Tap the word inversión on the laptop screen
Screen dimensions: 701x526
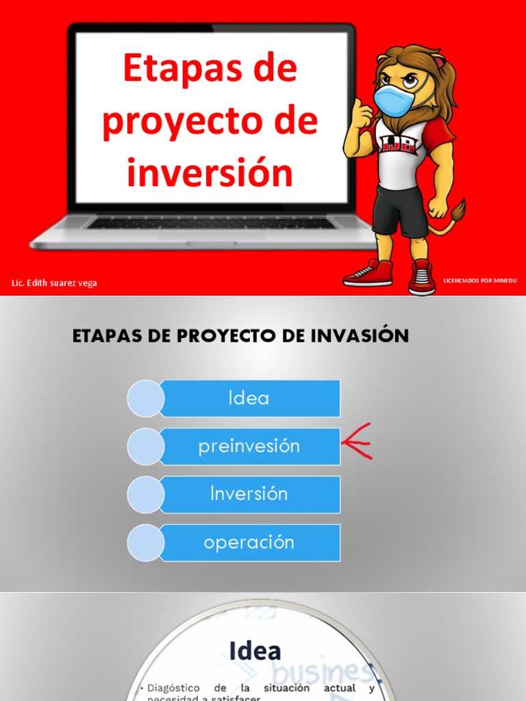[x=210, y=173]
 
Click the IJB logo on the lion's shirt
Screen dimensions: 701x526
[x=397, y=142]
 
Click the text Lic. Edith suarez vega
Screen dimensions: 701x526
[x=54, y=283]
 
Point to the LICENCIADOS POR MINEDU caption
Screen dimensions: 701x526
[x=479, y=281]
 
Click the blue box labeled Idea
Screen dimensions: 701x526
[x=249, y=398]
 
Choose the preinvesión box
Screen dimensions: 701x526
[x=249, y=446]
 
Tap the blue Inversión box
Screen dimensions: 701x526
[x=249, y=494]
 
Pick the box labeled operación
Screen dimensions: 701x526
[x=249, y=542]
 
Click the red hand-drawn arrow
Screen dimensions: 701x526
[x=358, y=442]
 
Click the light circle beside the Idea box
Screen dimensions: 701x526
[x=145, y=398]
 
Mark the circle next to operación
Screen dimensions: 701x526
[x=145, y=543]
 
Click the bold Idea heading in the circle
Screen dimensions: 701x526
[x=255, y=650]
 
